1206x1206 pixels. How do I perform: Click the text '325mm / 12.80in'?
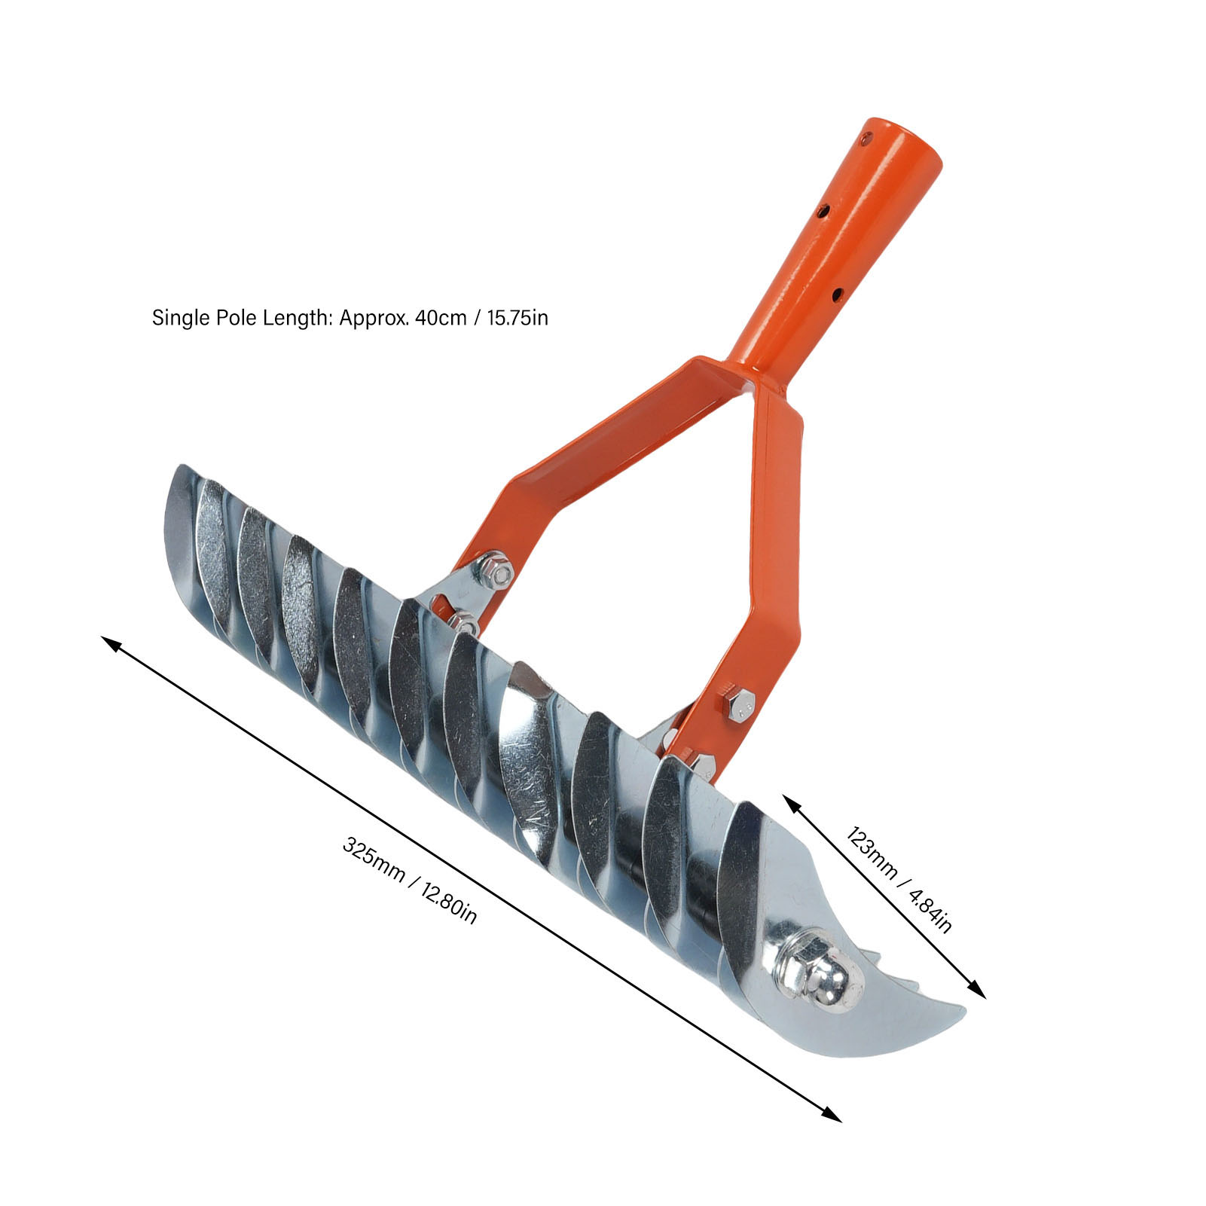pos(410,880)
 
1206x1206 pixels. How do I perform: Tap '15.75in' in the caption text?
pos(518,318)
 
